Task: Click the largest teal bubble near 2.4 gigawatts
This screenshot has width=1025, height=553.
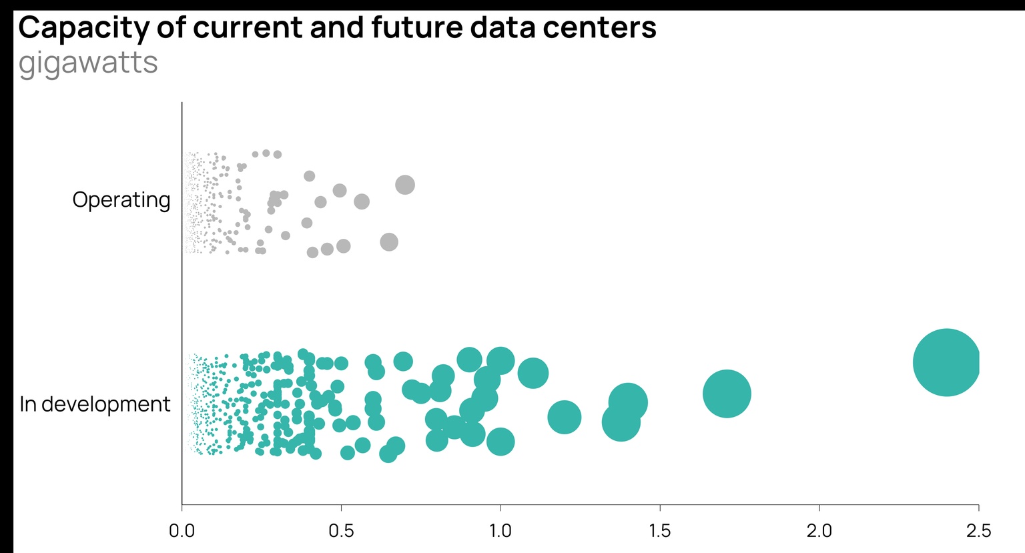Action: [x=946, y=362]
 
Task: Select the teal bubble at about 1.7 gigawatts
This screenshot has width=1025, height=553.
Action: [x=727, y=394]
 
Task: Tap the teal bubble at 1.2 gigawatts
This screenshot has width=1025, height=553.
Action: [x=565, y=417]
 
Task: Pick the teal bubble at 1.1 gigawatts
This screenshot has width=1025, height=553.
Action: [x=533, y=372]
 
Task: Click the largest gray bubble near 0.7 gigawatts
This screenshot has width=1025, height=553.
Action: [x=405, y=185]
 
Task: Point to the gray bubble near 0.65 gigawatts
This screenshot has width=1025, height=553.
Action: [x=389, y=242]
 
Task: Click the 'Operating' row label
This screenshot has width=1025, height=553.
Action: [x=121, y=199]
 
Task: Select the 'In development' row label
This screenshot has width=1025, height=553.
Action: [x=95, y=404]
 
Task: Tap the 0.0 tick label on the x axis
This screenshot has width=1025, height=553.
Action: [x=182, y=531]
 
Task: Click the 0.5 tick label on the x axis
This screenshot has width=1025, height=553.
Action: [x=341, y=531]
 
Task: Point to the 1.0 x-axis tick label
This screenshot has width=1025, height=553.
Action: [x=500, y=531]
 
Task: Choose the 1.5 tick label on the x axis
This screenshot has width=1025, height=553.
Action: [x=660, y=531]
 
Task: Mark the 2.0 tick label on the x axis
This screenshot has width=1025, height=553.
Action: [x=819, y=531]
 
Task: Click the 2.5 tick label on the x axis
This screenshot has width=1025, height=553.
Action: [x=978, y=531]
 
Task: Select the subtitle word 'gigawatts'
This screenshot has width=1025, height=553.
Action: [x=88, y=63]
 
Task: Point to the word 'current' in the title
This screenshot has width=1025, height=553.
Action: [x=242, y=28]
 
